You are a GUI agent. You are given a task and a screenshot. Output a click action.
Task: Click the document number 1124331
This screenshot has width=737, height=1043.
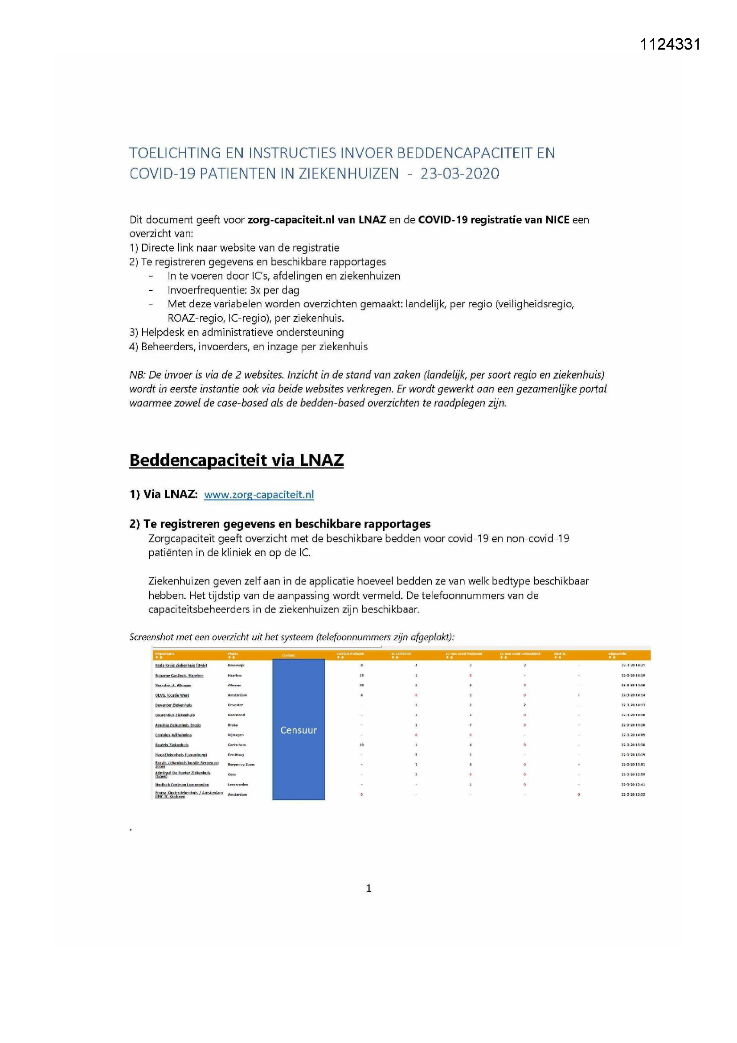click(670, 44)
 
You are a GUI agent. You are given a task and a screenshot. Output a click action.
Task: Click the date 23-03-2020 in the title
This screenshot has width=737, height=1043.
click(459, 174)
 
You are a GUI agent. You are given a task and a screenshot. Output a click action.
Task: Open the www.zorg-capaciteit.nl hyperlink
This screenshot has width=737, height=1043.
click(259, 495)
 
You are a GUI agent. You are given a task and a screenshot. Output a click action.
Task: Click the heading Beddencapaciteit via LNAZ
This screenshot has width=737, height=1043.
click(237, 460)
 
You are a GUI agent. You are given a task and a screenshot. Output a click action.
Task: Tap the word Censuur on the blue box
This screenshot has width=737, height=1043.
click(298, 730)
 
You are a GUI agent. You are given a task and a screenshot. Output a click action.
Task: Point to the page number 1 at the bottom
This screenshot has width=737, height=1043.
click(368, 888)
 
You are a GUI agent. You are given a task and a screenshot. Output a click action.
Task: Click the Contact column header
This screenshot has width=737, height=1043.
click(289, 655)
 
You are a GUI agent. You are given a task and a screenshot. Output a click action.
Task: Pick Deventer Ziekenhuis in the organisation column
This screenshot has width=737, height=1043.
click(173, 705)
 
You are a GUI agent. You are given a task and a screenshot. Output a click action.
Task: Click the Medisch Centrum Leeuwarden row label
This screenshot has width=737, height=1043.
click(182, 785)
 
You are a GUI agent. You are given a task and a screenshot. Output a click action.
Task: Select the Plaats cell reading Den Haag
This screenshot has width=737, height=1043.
click(236, 755)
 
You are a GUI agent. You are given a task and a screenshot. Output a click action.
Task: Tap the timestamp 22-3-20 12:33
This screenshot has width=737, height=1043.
click(633, 795)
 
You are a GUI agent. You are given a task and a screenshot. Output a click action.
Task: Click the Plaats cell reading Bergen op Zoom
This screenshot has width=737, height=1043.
click(241, 765)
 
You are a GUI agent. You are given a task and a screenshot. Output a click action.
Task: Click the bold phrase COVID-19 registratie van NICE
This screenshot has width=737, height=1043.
click(493, 220)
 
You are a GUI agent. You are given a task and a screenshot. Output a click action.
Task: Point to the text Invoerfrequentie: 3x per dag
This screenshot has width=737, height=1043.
click(233, 290)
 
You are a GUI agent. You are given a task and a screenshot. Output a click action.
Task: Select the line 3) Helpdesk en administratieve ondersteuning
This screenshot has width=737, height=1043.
click(237, 332)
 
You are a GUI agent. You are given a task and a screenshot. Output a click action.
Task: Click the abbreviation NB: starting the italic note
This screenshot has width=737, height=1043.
click(137, 375)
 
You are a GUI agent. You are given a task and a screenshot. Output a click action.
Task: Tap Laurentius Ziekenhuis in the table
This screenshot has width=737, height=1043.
click(175, 715)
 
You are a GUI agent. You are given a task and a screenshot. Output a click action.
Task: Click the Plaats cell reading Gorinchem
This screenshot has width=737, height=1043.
click(237, 745)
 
